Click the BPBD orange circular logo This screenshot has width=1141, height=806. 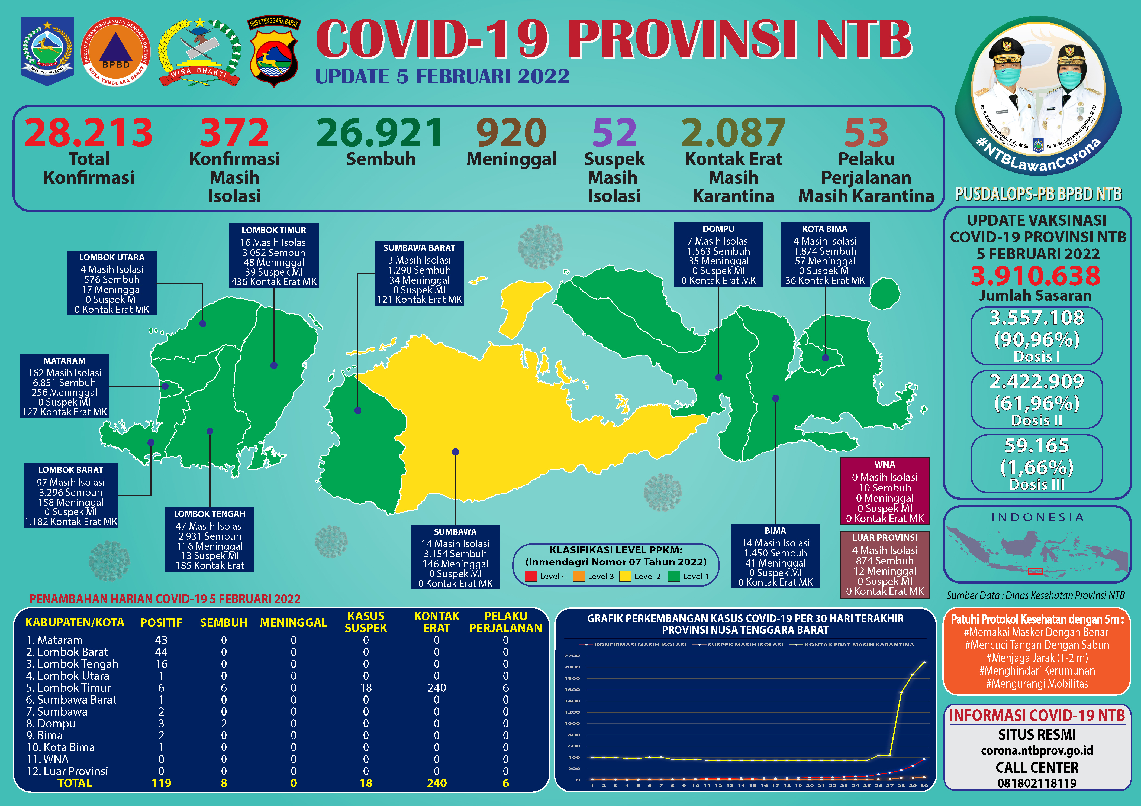coord(115,52)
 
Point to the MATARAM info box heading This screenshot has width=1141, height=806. coord(65,361)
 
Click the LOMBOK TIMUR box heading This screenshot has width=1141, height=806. coord(274,230)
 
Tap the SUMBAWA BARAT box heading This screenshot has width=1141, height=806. coord(420,247)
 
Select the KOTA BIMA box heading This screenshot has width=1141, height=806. coord(825,229)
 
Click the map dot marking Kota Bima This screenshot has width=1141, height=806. coord(825,358)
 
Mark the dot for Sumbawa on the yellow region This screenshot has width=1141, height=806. coord(455,452)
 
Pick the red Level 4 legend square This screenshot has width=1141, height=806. coord(531,577)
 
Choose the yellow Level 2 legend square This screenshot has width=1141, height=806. coord(625,577)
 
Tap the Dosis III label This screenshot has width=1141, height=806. coord(1037,484)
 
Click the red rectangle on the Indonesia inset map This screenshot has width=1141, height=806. coord(1035,571)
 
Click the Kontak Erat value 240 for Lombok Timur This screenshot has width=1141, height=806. coord(436,688)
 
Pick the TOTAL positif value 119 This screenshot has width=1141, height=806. coord(161,783)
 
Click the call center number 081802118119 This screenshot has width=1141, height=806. coord(1037,784)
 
